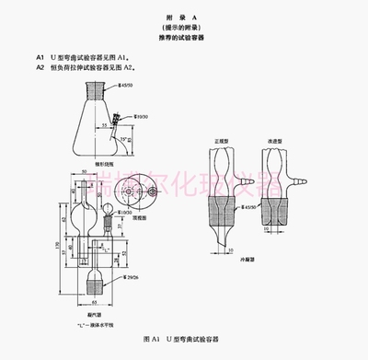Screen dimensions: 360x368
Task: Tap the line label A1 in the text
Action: coord(41,56)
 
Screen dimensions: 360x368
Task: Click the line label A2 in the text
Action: coord(41,66)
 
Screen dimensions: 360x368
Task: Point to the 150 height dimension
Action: coord(56,247)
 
